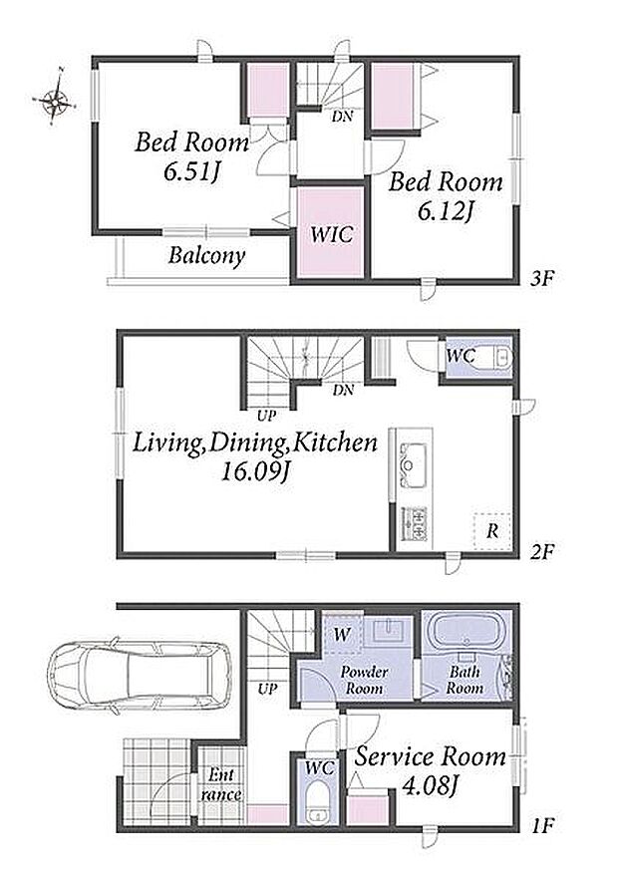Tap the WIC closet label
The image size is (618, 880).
click(x=331, y=234)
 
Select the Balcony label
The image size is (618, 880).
click(x=207, y=256)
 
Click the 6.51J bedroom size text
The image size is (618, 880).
click(x=190, y=171)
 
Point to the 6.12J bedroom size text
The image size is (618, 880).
click(x=446, y=211)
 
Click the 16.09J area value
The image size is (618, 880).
click(x=255, y=472)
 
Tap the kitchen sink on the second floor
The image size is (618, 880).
click(x=411, y=464)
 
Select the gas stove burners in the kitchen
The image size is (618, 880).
click(x=413, y=523)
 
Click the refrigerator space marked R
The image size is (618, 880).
click(x=492, y=531)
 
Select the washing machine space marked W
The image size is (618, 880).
click(x=342, y=635)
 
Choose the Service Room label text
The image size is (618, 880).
click(x=431, y=757)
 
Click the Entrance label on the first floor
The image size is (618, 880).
click(x=221, y=785)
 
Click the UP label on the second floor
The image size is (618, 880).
click(x=266, y=416)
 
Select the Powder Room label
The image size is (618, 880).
click(x=365, y=680)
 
